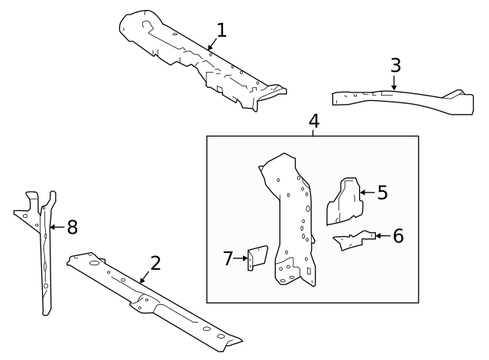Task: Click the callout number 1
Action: click(x=222, y=31)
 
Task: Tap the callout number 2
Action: click(x=155, y=264)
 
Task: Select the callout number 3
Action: click(x=395, y=65)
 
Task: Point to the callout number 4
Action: click(x=313, y=121)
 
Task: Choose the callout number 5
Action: click(x=382, y=193)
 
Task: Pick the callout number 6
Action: click(x=397, y=235)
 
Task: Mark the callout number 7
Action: click(x=228, y=259)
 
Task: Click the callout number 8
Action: click(x=72, y=227)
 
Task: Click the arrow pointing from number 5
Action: click(x=366, y=193)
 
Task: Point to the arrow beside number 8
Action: click(x=56, y=227)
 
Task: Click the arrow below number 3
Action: click(x=394, y=83)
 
